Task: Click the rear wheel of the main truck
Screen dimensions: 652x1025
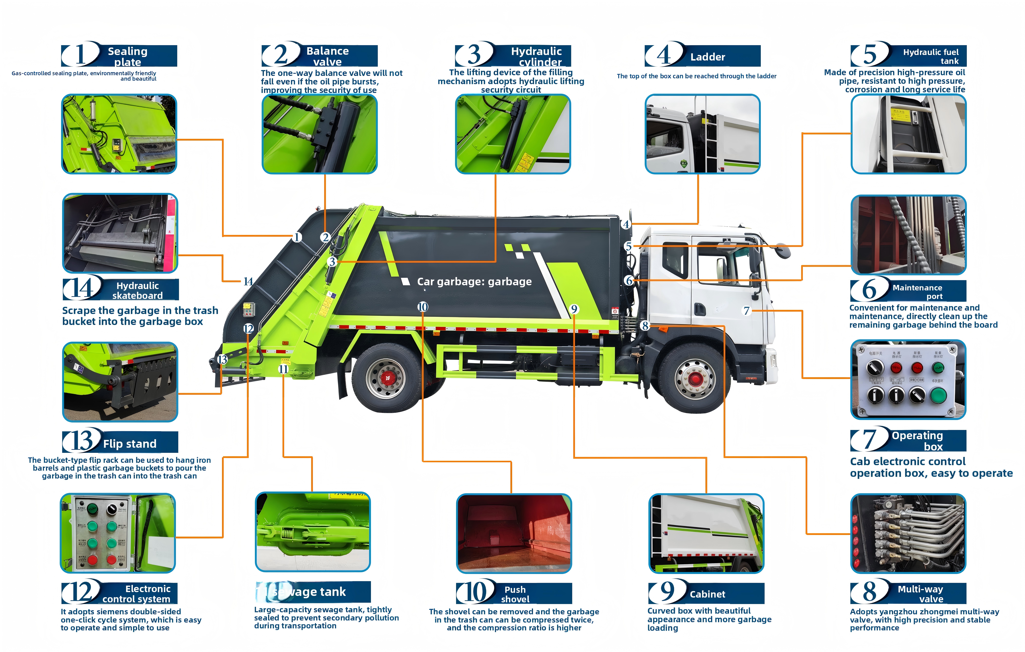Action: [x=387, y=378]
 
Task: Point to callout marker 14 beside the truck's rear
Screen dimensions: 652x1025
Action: [x=248, y=281]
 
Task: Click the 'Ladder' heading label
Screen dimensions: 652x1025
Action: [x=707, y=57]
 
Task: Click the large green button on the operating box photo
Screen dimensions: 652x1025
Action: [x=938, y=395]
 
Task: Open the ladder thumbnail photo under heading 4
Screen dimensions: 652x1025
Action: [x=702, y=134]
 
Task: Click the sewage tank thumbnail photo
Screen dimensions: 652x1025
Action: [x=313, y=532]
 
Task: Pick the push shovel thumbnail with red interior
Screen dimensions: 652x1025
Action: [x=514, y=533]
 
